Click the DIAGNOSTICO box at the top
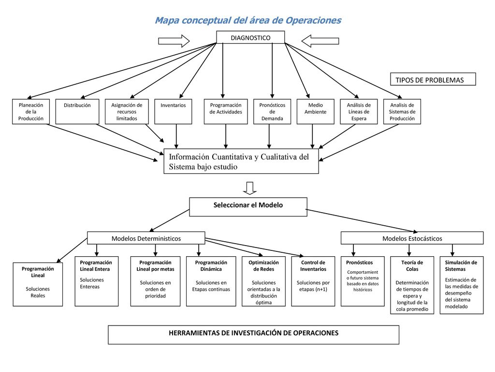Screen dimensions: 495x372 (x=250, y=37)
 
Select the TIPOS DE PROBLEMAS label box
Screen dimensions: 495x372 (x=433, y=79)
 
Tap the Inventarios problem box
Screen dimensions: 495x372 (x=173, y=111)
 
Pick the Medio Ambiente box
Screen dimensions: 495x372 (x=315, y=111)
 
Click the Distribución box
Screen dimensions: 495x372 (x=77, y=111)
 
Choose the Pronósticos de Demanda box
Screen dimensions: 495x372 (x=272, y=111)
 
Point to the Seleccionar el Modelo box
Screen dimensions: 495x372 (x=248, y=207)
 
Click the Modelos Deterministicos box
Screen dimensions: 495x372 (x=146, y=238)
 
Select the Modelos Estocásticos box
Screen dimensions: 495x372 (x=412, y=238)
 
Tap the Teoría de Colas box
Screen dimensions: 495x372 (x=412, y=285)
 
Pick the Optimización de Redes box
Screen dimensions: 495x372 (x=263, y=281)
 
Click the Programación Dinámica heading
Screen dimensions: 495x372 (x=211, y=266)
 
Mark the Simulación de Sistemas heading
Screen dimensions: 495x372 (x=461, y=266)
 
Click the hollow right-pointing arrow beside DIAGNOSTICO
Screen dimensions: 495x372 (x=174, y=41)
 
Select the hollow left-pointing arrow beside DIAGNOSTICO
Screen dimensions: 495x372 (x=320, y=41)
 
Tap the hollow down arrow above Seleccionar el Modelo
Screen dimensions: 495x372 (x=250, y=188)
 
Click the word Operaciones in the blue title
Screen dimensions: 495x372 (x=313, y=20)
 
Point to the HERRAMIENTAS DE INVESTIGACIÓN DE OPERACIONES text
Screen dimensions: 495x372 (x=253, y=333)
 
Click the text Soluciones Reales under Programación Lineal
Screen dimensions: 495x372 (x=38, y=292)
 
